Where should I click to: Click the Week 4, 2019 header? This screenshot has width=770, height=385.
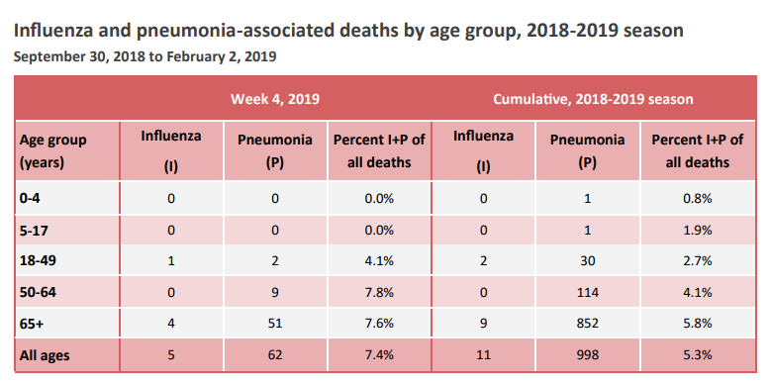pyautogui.click(x=275, y=99)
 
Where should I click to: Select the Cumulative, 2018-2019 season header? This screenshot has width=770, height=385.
pyautogui.click(x=593, y=99)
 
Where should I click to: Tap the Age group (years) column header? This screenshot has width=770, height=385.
pyautogui.click(x=53, y=150)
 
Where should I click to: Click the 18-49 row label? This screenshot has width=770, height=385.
pyautogui.click(x=38, y=260)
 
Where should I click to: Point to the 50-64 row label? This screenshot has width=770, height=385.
pyautogui.click(x=38, y=292)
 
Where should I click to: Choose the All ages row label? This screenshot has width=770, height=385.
pyautogui.click(x=45, y=355)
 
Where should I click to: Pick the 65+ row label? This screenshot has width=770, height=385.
pyautogui.click(x=33, y=324)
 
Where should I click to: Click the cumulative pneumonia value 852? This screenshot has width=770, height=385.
pyautogui.click(x=587, y=324)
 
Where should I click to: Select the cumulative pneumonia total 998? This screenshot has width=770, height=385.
pyautogui.click(x=587, y=354)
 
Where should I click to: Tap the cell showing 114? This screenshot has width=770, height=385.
pyautogui.click(x=587, y=293)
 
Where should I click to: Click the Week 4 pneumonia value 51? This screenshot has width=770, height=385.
pyautogui.click(x=275, y=324)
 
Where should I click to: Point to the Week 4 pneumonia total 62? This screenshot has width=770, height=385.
pyautogui.click(x=275, y=354)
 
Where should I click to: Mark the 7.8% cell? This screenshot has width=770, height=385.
pyautogui.click(x=379, y=293)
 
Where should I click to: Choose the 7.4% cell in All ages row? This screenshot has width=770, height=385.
pyautogui.click(x=379, y=354)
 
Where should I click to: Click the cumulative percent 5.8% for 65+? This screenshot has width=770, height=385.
pyautogui.click(x=698, y=324)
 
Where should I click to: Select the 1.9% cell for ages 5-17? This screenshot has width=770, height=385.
pyautogui.click(x=698, y=230)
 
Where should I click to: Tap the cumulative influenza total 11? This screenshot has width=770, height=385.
pyautogui.click(x=483, y=354)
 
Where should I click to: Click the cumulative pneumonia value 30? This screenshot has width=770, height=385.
pyautogui.click(x=587, y=260)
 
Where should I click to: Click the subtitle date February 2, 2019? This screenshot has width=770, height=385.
pyautogui.click(x=222, y=57)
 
